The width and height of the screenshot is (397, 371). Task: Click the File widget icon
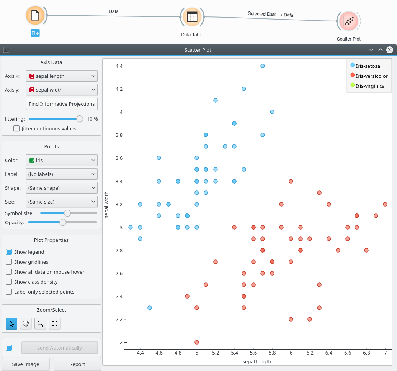pos(35,16)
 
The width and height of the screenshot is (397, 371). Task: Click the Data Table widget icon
pos(192,17)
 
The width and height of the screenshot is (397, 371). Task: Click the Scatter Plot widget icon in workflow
pos(348,21)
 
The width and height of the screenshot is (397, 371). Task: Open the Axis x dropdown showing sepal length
pos(62,76)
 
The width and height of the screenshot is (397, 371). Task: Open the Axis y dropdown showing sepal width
pos(62,90)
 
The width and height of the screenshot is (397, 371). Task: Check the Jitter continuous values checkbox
pos(16,129)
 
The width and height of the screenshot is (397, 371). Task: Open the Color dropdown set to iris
pos(62,160)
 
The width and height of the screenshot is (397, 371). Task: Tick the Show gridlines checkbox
pos(9,262)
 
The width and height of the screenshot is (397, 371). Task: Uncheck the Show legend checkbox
pos(9,252)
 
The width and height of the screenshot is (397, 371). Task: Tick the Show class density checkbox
pos(9,282)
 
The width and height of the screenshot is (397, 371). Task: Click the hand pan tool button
pos(26,323)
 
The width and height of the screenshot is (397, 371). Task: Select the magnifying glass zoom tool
pos(40,323)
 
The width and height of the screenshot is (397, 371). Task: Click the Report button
pos(77,364)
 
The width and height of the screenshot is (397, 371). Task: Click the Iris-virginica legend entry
pos(369,86)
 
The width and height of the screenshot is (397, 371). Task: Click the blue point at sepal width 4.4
pos(263,66)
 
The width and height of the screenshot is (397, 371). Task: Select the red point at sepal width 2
pos(197,342)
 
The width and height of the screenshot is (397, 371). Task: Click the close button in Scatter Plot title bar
pos(390,50)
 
